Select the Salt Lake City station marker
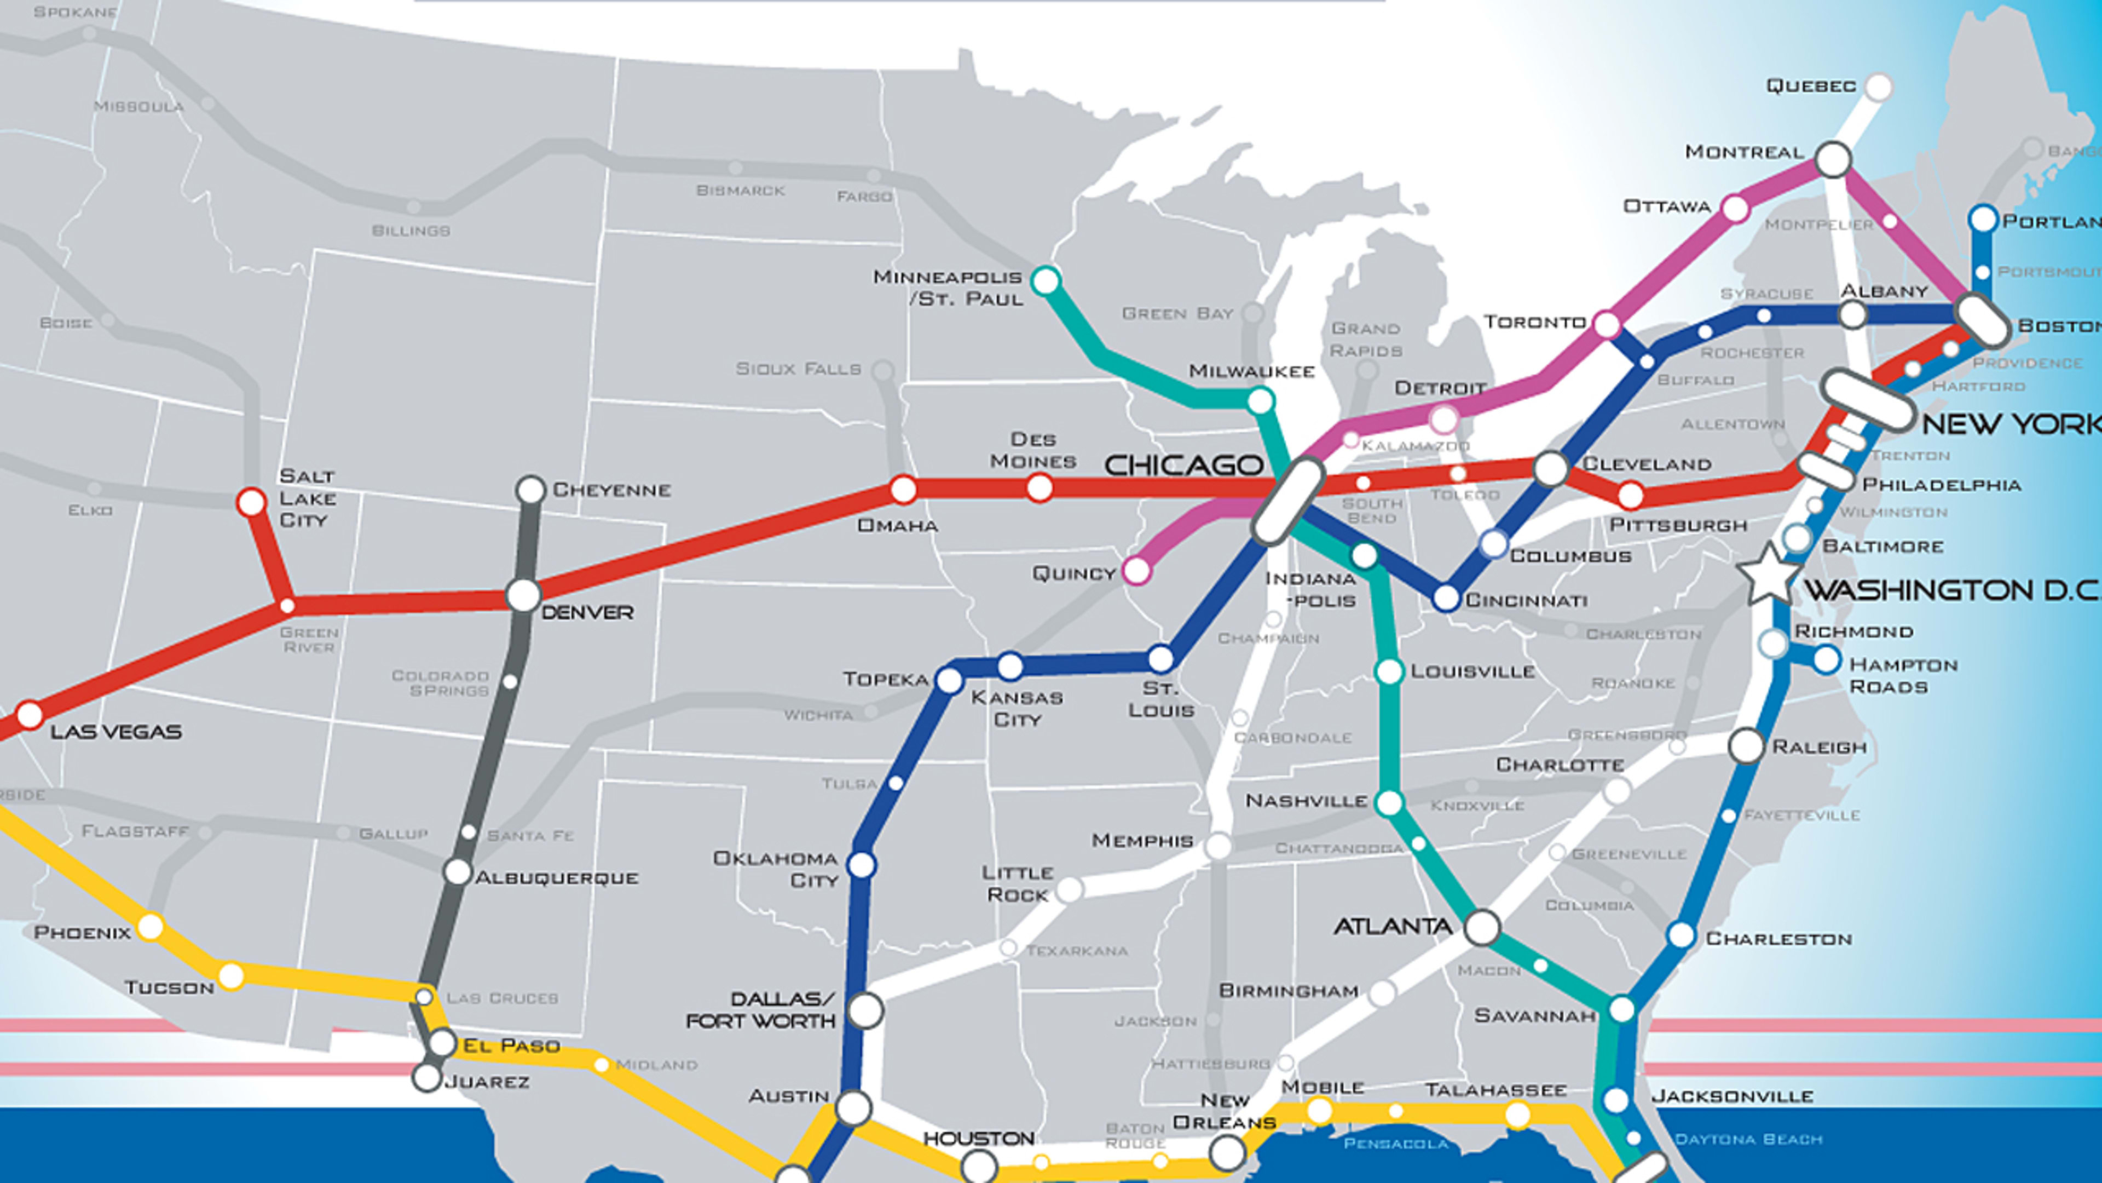pyautogui.click(x=251, y=501)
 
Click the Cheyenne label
pyautogui.click(x=611, y=490)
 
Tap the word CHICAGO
pyautogui.click(x=1183, y=466)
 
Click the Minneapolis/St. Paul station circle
pyautogui.click(x=1046, y=281)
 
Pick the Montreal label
pyautogui.click(x=1744, y=152)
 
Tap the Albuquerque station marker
pyautogui.click(x=458, y=871)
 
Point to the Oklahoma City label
pyautogui.click(x=775, y=869)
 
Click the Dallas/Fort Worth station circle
pyautogui.click(x=866, y=1010)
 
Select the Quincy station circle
pyautogui.click(x=1137, y=571)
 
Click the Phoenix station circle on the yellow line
pyautogui.click(x=150, y=927)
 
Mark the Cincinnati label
pyautogui.click(x=1526, y=601)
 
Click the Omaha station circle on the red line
pyautogui.click(x=903, y=489)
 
